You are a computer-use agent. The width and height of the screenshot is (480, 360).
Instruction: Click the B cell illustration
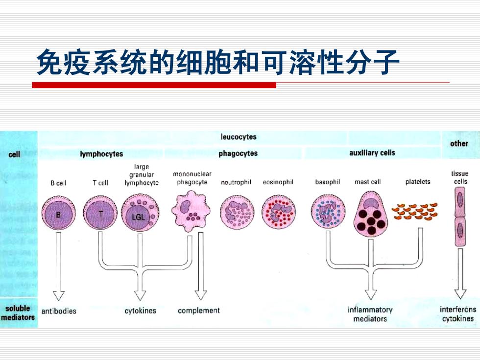[58, 213]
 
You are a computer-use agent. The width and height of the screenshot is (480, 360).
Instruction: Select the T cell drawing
[100, 213]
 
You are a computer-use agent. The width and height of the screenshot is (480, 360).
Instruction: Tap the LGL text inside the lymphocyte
[138, 217]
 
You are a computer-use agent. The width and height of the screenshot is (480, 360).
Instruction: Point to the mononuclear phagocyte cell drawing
[191, 212]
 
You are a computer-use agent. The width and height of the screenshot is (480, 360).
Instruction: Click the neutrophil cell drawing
[237, 212]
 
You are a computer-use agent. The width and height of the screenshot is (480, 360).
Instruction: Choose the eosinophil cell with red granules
[279, 212]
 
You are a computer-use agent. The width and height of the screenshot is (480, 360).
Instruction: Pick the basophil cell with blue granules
[328, 212]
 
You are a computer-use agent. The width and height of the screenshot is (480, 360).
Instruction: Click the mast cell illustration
[371, 215]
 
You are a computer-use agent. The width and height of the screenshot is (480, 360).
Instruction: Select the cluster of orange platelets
[415, 212]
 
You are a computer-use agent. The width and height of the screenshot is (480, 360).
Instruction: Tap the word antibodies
[59, 311]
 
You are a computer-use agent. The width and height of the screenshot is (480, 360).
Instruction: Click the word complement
[199, 311]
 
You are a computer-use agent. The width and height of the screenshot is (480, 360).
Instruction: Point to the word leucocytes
[239, 137]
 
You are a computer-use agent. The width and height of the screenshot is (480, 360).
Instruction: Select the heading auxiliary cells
[372, 153]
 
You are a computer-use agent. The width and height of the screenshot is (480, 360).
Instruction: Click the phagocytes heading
[238, 153]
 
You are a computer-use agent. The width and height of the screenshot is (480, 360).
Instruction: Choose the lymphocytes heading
[101, 154]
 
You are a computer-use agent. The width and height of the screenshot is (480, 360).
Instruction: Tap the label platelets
[418, 182]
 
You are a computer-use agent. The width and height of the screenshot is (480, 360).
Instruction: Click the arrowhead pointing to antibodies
[58, 295]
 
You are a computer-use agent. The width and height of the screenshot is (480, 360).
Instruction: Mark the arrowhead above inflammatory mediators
[371, 294]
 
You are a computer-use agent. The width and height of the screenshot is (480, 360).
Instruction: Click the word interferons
[458, 310]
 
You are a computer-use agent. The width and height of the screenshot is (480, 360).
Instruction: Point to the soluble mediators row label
[18, 313]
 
